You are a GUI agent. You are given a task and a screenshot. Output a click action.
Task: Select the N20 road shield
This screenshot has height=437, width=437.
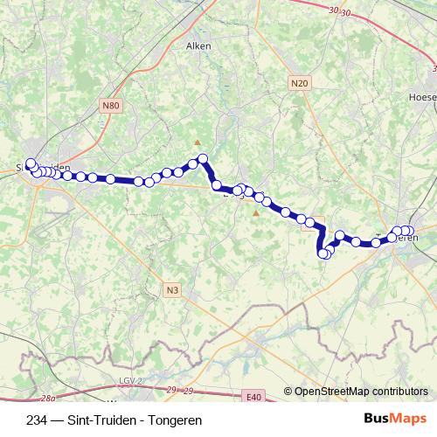tap(299, 83)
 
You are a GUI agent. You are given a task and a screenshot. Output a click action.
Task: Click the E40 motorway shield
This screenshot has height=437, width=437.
tap(253, 398)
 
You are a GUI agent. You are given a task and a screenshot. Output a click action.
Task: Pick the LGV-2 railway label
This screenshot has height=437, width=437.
tap(128, 381)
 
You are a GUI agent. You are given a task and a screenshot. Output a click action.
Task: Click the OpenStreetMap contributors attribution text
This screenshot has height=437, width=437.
tap(360, 391)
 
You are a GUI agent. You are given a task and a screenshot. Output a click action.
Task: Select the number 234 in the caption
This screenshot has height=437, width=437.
tap(37, 419)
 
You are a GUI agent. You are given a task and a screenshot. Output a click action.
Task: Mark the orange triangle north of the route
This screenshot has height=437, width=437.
tap(198, 142)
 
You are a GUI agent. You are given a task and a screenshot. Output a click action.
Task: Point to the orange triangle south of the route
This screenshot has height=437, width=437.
tap(256, 212)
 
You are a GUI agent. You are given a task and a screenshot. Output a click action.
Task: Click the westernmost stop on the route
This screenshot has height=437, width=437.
tap(31, 163)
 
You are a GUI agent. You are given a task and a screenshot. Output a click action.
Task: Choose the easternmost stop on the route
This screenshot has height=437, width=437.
tap(409, 231)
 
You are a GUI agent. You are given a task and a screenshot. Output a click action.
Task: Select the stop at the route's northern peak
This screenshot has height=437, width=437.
tap(203, 158)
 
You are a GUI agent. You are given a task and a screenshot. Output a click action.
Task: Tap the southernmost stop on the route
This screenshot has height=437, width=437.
tap(323, 254)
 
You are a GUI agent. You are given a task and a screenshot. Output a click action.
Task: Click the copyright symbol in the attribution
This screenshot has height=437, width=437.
tap(288, 391)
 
